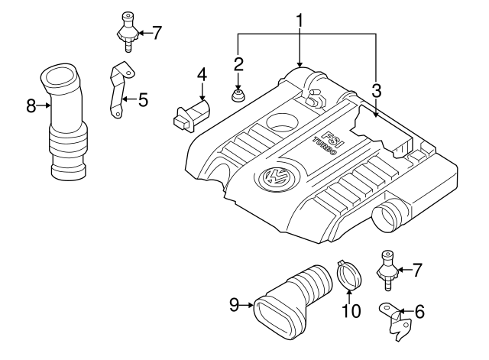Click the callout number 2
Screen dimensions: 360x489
click(x=238, y=63)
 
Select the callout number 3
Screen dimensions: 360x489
click(x=377, y=91)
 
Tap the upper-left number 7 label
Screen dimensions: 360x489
click(x=157, y=32)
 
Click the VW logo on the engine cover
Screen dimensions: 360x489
click(x=273, y=179)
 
